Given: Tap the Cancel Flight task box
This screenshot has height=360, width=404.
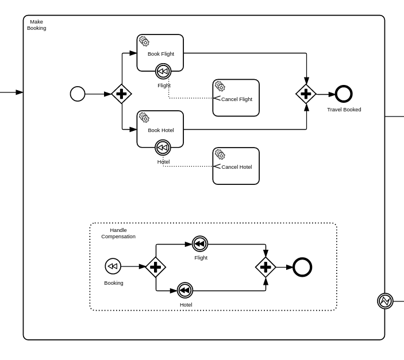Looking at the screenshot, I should [236, 98].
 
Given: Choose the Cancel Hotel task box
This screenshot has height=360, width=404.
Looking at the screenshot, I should [236, 166].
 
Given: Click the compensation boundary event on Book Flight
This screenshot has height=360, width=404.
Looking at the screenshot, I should [163, 71].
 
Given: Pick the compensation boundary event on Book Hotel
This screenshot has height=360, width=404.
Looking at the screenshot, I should [163, 148].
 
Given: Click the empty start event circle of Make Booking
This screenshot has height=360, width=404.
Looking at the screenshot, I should [78, 94].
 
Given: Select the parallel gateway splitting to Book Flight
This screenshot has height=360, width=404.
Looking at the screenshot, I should [121, 94].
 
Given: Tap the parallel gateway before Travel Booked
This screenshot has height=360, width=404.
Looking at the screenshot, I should [306, 94].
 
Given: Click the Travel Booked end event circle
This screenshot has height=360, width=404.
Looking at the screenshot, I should [344, 94].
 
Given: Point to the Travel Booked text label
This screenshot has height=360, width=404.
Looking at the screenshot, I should [344, 110].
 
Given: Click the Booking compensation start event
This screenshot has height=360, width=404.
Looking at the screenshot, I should [113, 266].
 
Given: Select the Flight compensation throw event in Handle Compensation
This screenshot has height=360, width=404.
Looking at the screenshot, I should [200, 244].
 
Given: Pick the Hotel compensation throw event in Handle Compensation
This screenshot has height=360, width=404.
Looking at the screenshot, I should [185, 291].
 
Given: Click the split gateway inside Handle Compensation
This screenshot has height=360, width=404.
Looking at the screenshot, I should [155, 267].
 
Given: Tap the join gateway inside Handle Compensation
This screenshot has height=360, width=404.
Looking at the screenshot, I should [266, 267].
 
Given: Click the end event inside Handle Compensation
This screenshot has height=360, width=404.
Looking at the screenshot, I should [302, 267].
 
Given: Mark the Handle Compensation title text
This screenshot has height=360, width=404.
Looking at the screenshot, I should [118, 233].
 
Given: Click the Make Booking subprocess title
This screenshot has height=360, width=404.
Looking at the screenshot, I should [36, 25].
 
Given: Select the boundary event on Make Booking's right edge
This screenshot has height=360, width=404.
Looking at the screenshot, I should [385, 301].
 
